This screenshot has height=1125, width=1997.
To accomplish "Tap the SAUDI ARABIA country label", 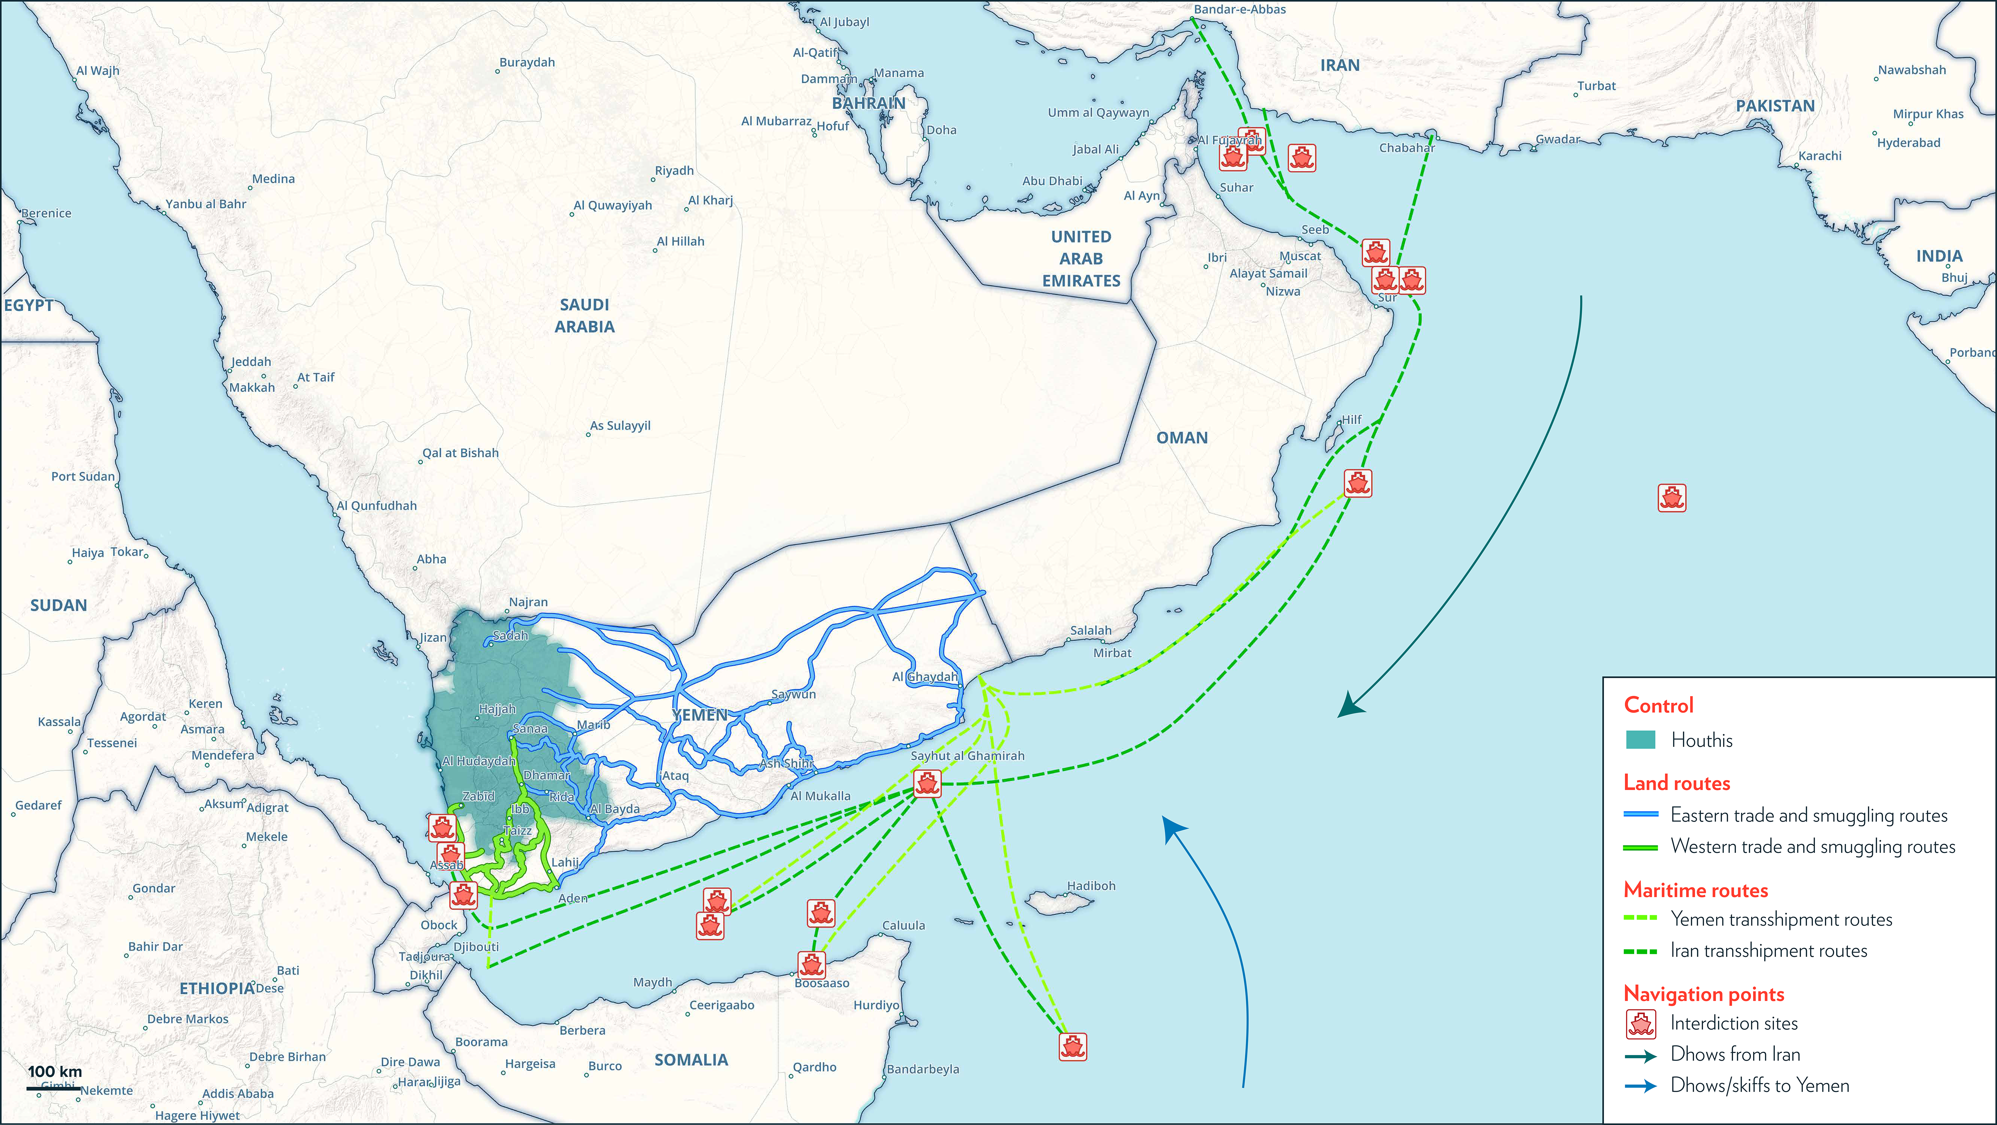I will [584, 316].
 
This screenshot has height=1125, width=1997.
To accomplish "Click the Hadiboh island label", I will [1091, 885].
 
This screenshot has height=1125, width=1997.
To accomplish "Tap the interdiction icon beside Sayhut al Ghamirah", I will [927, 784].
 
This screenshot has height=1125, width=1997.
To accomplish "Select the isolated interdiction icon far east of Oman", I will [1671, 498].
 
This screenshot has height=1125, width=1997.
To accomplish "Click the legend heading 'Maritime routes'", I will [1695, 890].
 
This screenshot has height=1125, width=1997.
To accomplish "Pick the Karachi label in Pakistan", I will [1820, 156].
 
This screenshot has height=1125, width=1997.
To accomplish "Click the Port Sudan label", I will [82, 476].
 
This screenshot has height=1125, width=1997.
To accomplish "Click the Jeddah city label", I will [251, 361].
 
